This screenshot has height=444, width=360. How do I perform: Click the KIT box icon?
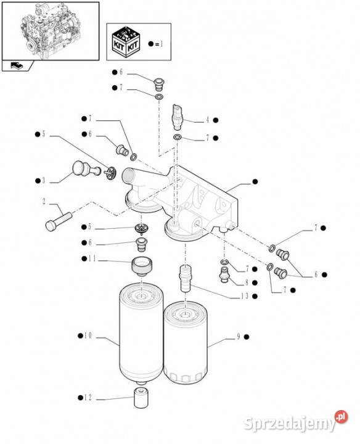point(126,42)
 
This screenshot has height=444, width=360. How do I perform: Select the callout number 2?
point(44,202)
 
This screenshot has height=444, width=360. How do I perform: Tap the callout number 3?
point(44,181)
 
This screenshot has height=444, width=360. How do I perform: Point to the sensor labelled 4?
point(178,117)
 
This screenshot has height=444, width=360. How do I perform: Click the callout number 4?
point(208,120)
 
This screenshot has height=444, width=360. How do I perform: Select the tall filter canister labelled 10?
point(141,333)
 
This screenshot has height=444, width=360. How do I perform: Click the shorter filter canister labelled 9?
point(186,342)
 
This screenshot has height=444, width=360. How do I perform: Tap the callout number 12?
point(88,398)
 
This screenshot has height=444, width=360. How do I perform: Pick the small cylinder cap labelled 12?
point(141,398)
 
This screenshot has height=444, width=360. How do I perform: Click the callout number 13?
point(245,296)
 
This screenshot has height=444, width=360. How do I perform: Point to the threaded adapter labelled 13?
point(185,278)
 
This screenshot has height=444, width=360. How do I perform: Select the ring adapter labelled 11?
point(142,266)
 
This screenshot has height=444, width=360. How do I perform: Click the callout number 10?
point(88,336)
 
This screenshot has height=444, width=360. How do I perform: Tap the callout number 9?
point(239,337)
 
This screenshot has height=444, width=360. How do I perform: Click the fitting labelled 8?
point(224,274)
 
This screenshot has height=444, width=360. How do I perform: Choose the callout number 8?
point(247,282)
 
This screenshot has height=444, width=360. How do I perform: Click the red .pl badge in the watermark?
point(341,417)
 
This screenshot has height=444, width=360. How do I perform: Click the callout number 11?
point(92,258)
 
